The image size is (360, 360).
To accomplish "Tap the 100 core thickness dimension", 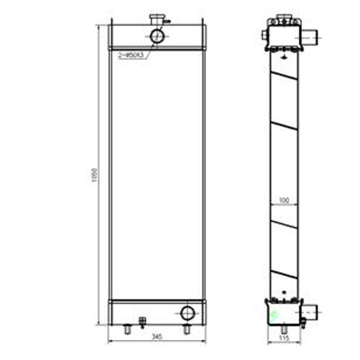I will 284,200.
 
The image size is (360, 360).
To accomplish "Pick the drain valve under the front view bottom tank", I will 142,323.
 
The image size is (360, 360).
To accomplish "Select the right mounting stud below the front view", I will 187,329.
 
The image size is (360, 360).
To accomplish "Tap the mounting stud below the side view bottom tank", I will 283,328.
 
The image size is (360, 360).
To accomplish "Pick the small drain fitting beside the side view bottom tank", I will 303,322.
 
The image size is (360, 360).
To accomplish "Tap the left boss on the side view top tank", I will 264,35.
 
